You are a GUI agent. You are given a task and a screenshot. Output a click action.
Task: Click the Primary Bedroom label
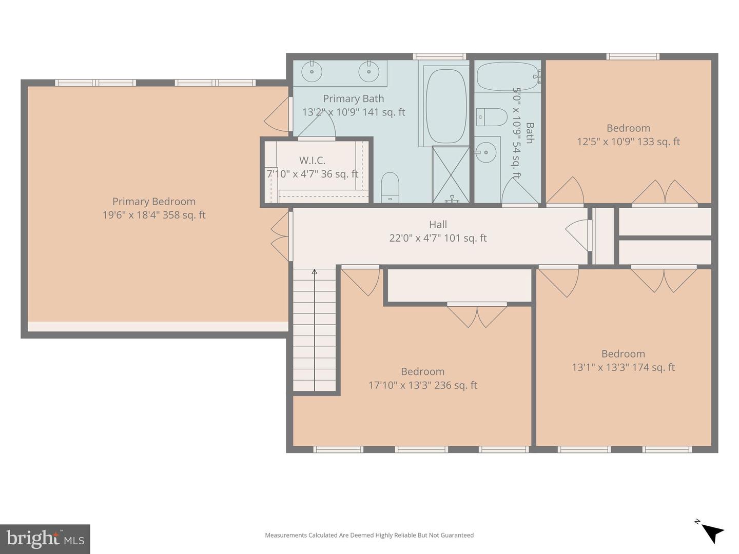click(154, 202)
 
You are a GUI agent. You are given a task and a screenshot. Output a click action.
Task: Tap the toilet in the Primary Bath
click(390, 187)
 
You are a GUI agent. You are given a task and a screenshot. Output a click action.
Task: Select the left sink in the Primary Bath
click(311, 71)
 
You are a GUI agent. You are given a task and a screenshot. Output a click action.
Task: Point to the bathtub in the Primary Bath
click(446, 106)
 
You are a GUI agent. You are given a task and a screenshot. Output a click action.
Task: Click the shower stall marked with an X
click(451, 174)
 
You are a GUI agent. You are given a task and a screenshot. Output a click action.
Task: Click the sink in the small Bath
click(485, 152)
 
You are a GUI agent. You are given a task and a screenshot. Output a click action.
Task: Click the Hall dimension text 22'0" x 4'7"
click(438, 238)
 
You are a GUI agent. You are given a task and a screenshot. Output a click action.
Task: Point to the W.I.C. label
click(312, 161)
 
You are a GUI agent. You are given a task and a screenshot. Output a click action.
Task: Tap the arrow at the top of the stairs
click(314, 272)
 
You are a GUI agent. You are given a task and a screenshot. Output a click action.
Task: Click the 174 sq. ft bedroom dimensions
click(623, 367)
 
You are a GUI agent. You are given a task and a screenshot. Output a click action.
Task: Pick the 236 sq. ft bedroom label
click(422, 371)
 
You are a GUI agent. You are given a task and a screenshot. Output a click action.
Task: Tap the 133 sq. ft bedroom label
click(628, 128)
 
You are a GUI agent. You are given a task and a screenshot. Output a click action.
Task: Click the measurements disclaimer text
click(369, 535)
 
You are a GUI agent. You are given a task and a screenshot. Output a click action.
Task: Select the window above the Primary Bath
click(439, 56)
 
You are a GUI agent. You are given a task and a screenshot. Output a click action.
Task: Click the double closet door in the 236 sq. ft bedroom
click(477, 315)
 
